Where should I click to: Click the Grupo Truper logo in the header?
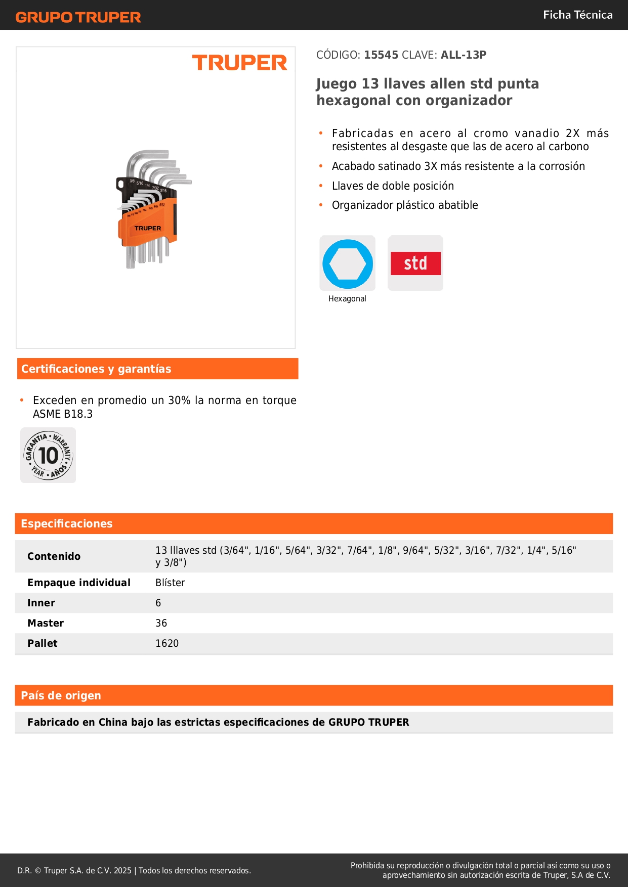click(x=78, y=17)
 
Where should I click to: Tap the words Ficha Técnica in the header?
click(x=577, y=15)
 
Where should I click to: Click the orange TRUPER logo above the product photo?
click(x=239, y=63)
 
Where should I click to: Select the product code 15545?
click(x=381, y=55)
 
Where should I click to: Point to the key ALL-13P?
click(x=463, y=55)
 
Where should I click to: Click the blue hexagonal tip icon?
click(x=348, y=263)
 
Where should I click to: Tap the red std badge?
click(x=415, y=263)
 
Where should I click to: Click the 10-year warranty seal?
click(x=48, y=455)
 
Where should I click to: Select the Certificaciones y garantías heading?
click(x=96, y=369)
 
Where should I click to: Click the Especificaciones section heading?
click(x=67, y=523)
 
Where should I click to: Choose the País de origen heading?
click(x=61, y=695)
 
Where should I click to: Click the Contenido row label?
click(x=54, y=556)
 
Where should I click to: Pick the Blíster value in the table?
click(x=170, y=583)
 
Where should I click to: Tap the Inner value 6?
click(x=158, y=603)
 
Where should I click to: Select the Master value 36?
click(x=161, y=623)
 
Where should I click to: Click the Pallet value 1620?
click(x=167, y=643)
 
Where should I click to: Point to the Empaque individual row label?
click(x=79, y=583)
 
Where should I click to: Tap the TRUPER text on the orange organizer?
click(x=148, y=228)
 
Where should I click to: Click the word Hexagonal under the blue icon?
click(x=347, y=299)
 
